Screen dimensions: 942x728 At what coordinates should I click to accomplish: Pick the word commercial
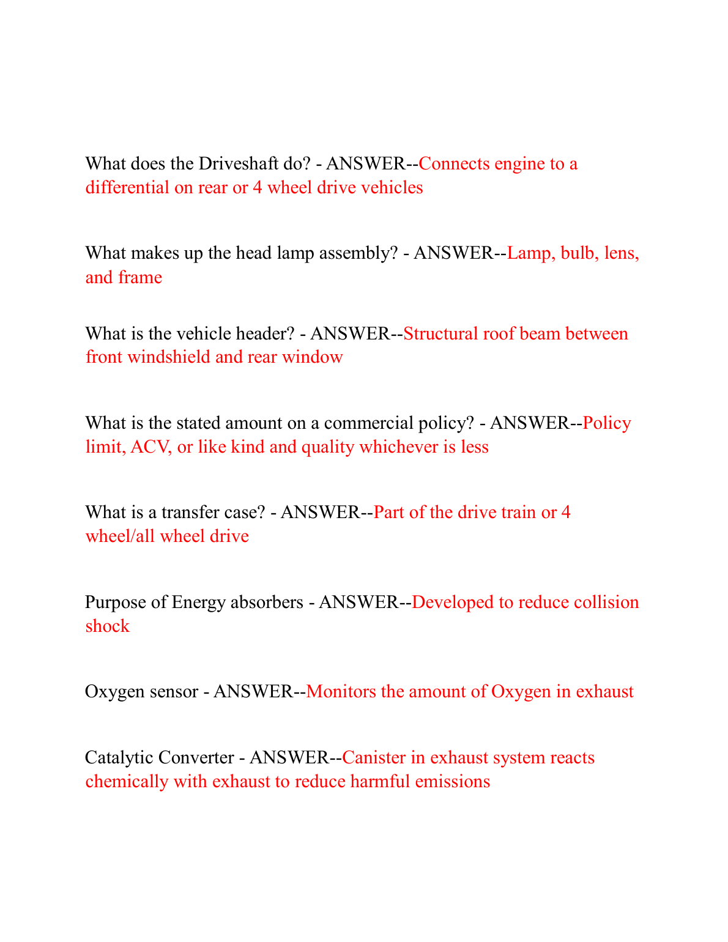[368, 423]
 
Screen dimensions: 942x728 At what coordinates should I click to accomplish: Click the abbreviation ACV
[147, 447]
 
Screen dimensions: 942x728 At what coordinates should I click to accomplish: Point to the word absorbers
[267, 603]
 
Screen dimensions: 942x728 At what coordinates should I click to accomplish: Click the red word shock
[107, 626]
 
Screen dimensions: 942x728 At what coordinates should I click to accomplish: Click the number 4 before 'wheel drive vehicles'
[258, 188]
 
